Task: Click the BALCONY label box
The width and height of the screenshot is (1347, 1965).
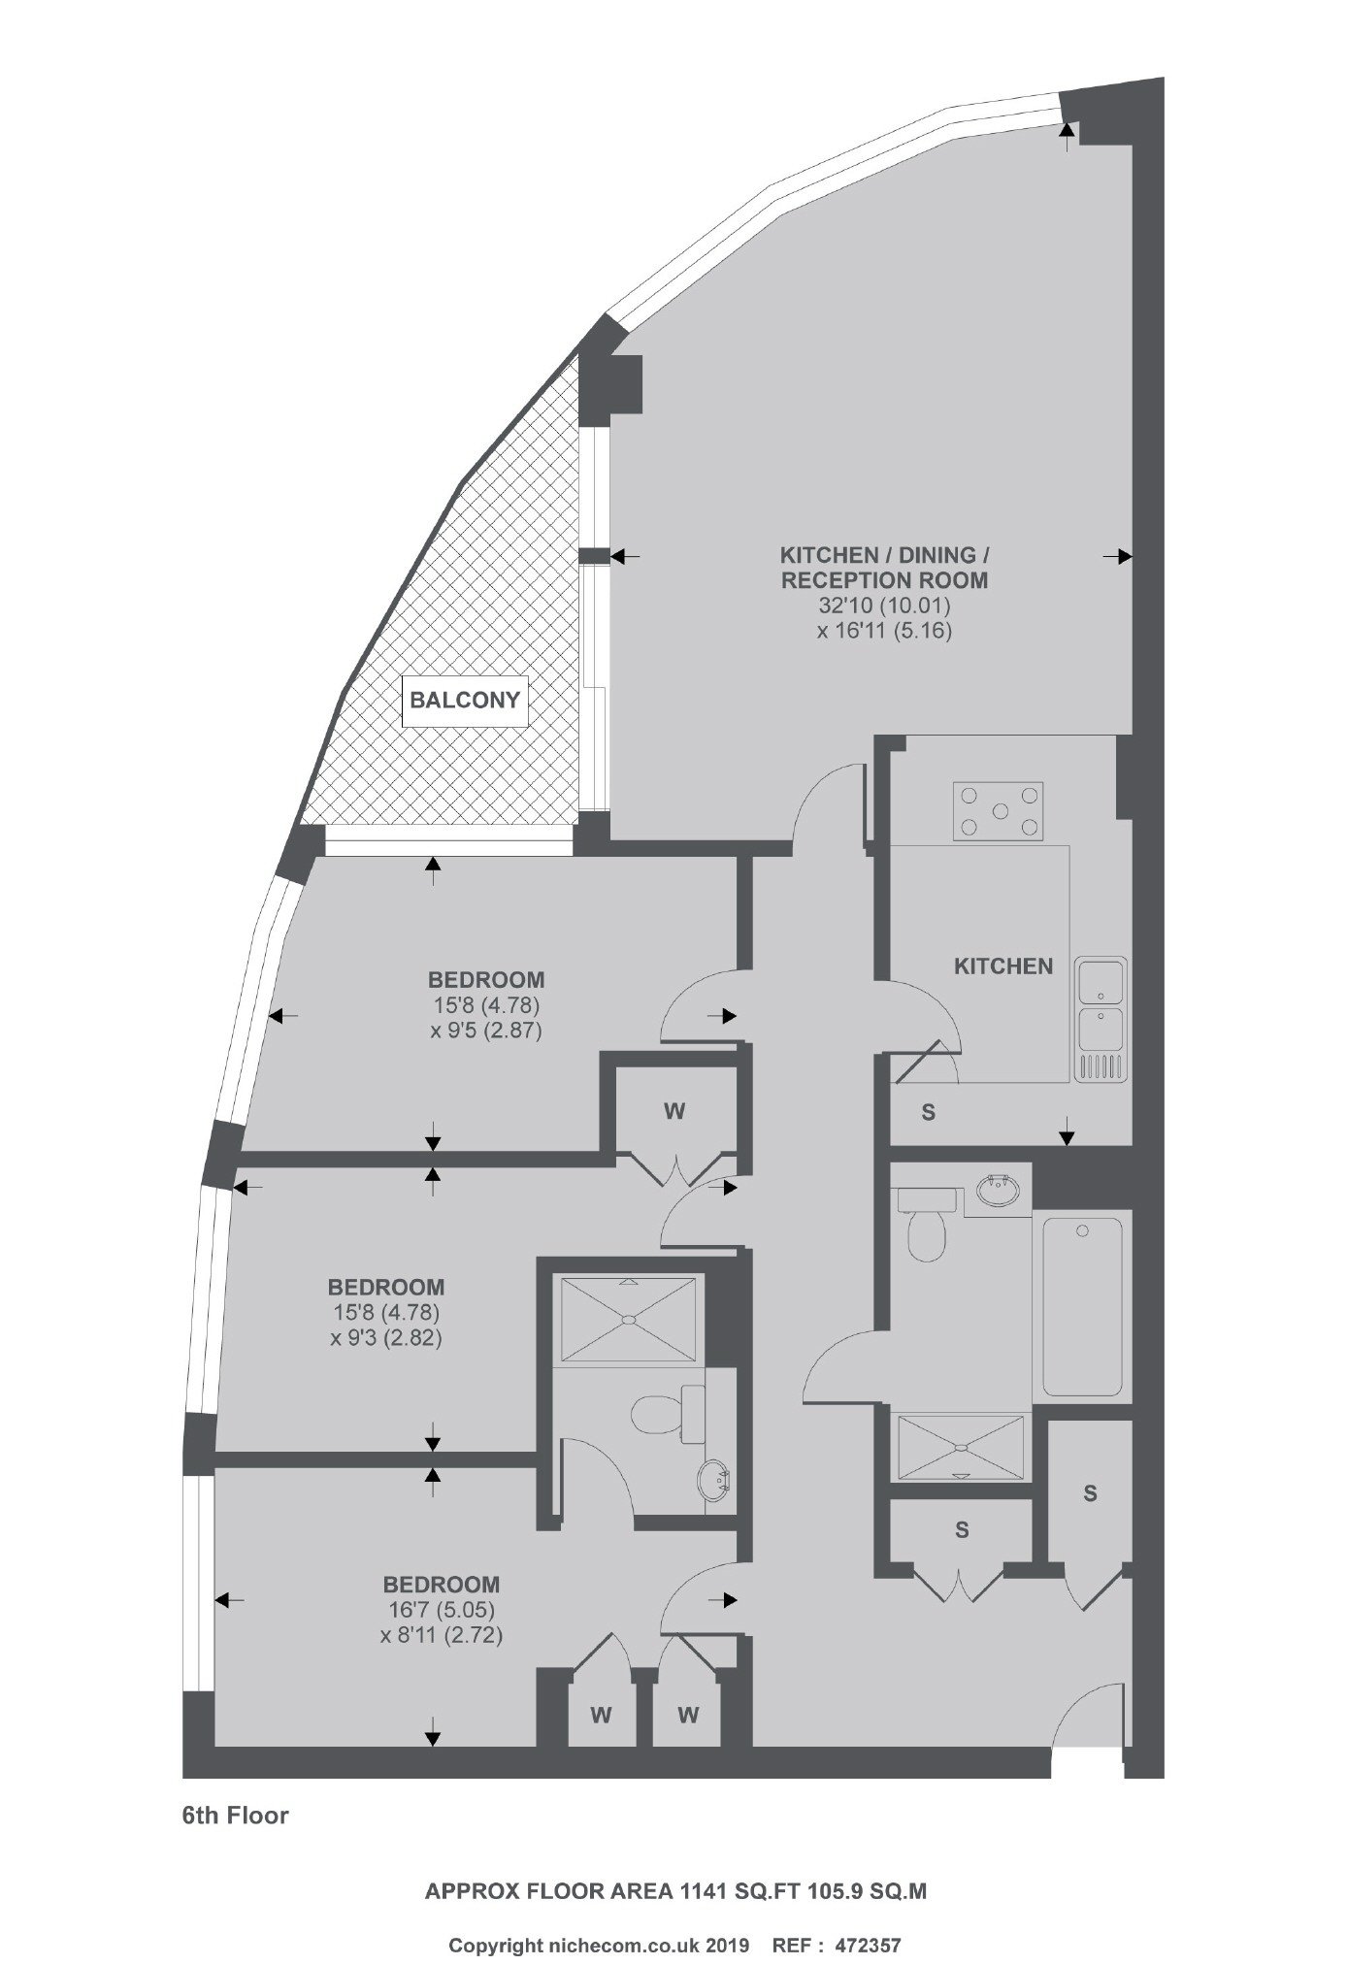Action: [465, 701]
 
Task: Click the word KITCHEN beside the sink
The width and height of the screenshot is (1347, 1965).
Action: [1003, 966]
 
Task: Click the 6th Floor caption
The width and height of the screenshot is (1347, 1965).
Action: [236, 1815]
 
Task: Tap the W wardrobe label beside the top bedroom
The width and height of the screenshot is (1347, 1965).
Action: [674, 1112]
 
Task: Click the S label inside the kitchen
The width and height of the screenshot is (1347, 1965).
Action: [929, 1113]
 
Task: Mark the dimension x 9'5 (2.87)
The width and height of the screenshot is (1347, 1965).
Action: [486, 1031]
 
